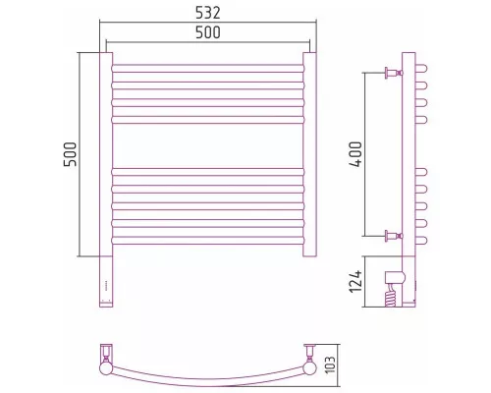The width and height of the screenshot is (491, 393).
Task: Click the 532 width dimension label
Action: click(x=208, y=13)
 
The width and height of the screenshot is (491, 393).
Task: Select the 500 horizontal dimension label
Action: click(x=208, y=32)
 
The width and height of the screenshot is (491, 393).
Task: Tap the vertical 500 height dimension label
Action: click(x=70, y=154)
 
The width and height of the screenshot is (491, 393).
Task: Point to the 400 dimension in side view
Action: click(x=355, y=154)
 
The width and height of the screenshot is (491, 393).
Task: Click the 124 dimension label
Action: click(x=355, y=281)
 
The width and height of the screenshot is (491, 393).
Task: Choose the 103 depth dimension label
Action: click(x=331, y=365)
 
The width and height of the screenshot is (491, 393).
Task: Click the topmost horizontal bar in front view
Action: click(x=208, y=68)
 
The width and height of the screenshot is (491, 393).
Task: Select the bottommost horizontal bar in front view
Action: click(x=208, y=241)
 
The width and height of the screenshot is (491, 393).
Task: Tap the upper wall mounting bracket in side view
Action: click(x=394, y=73)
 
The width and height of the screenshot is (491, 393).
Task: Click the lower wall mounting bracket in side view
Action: click(x=394, y=236)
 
